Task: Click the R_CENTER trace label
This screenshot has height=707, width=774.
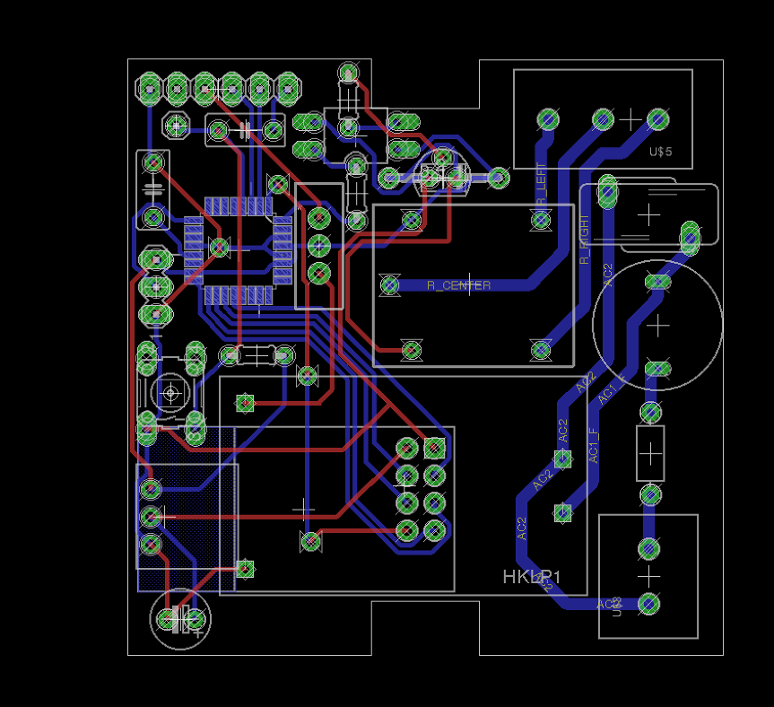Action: [x=458, y=285]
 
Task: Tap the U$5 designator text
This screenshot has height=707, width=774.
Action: [x=660, y=152]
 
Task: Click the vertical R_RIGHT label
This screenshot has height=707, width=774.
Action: [x=585, y=240]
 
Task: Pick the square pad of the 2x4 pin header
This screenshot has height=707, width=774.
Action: [x=435, y=447]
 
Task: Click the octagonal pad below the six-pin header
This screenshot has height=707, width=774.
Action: [x=177, y=125]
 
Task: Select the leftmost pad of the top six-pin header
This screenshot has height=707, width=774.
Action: [x=149, y=88]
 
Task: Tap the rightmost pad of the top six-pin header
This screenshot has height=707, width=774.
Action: [x=287, y=88]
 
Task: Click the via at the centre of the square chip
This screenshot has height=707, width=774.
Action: [x=217, y=246]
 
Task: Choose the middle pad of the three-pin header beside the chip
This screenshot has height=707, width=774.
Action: [x=318, y=245]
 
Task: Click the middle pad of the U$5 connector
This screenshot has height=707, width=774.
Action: [x=603, y=118]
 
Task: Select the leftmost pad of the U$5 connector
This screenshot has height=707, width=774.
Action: [x=547, y=118]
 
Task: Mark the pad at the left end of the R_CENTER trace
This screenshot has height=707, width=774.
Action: [x=390, y=285]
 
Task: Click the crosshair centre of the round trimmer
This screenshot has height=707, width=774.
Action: [x=170, y=391]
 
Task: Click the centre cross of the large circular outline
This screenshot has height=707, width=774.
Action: [x=657, y=325]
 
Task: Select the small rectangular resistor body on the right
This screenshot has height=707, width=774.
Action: [x=649, y=453]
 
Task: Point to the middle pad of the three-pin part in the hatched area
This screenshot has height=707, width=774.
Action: [x=151, y=517]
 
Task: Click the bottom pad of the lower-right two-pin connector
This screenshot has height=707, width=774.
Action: [x=648, y=603]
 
